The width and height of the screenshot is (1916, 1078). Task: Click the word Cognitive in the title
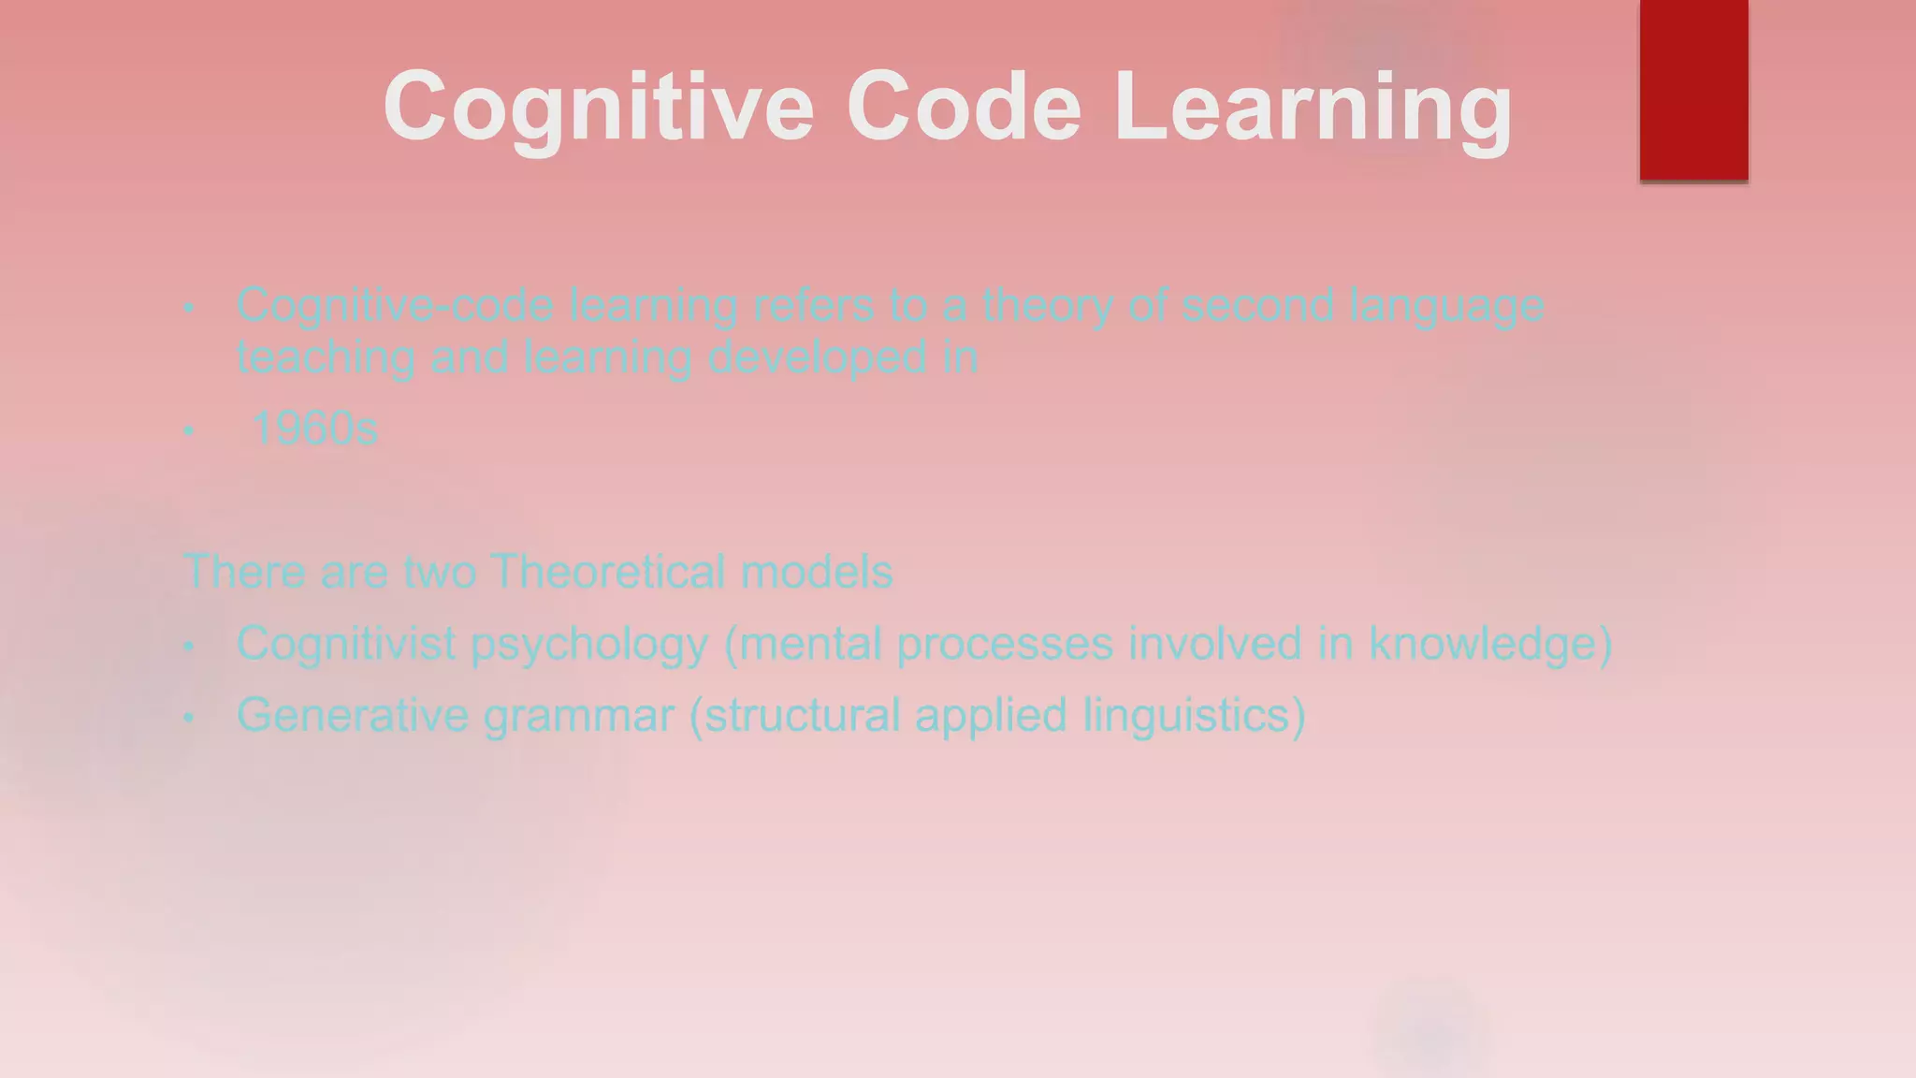[x=599, y=107]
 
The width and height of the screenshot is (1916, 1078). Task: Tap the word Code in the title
[x=964, y=107]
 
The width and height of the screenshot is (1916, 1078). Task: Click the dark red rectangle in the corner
[x=1693, y=90]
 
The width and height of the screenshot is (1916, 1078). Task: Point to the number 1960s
[x=315, y=430]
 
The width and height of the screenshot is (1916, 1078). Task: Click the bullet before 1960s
[x=189, y=431]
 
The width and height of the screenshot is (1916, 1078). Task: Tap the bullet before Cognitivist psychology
[x=189, y=646]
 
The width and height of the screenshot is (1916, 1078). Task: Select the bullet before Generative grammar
[x=189, y=718]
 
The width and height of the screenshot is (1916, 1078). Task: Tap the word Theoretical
[x=607, y=572]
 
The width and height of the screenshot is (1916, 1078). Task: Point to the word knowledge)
[x=1490, y=644]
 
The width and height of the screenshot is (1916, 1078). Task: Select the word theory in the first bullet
[x=1047, y=306]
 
